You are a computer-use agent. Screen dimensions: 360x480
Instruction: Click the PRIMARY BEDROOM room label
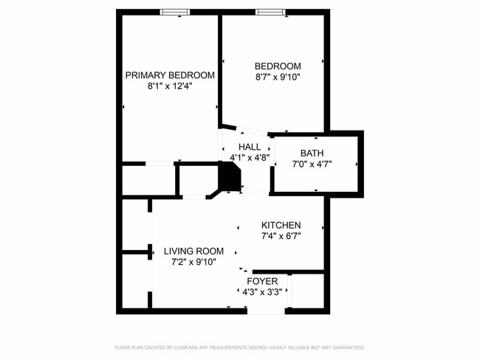(170, 75)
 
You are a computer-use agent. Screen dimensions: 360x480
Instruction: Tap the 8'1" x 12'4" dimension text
(170, 86)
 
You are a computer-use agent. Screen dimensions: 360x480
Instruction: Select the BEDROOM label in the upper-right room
(278, 66)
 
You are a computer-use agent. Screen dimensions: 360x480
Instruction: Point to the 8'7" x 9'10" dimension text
(278, 77)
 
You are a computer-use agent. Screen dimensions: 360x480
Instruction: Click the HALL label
(249, 147)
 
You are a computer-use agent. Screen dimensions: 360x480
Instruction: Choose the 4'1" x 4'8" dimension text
(250, 157)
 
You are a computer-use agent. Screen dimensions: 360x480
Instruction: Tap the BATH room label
(312, 153)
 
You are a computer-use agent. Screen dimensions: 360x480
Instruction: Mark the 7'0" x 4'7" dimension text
(312, 165)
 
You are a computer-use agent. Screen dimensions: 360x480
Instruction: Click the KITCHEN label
(281, 225)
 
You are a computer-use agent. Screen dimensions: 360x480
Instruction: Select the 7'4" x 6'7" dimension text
(281, 236)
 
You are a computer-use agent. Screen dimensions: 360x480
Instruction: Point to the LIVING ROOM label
(193, 251)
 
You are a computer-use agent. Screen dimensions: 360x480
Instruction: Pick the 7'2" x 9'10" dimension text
(193, 262)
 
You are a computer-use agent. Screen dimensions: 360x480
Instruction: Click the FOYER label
(262, 281)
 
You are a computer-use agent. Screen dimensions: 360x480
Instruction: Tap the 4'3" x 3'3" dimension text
(262, 292)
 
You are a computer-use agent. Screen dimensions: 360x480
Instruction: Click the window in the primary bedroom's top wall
(174, 11)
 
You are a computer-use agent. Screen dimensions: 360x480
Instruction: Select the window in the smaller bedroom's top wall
(269, 11)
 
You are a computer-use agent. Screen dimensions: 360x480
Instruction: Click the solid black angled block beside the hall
(230, 178)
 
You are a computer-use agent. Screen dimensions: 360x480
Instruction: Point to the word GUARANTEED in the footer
(347, 347)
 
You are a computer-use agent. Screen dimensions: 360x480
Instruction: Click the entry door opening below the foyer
(266, 311)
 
